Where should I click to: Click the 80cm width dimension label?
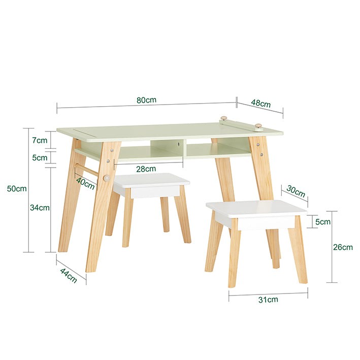click(146, 100)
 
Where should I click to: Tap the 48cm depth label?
click(260, 103)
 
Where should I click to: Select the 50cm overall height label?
click(17, 188)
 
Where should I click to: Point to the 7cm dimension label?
click(40, 140)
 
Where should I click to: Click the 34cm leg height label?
click(40, 207)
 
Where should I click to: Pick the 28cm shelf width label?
click(146, 169)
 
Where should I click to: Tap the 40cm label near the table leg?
click(85, 182)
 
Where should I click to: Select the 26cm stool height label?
click(343, 247)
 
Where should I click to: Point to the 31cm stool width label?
click(268, 300)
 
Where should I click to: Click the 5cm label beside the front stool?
click(323, 222)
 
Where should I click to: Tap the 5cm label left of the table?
click(40, 157)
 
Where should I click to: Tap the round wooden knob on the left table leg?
click(107, 178)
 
